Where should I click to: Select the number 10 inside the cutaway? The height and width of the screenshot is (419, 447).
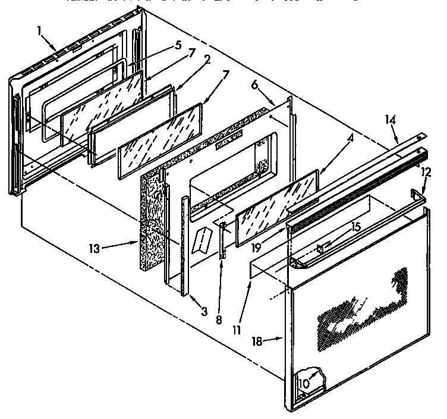[304, 384]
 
